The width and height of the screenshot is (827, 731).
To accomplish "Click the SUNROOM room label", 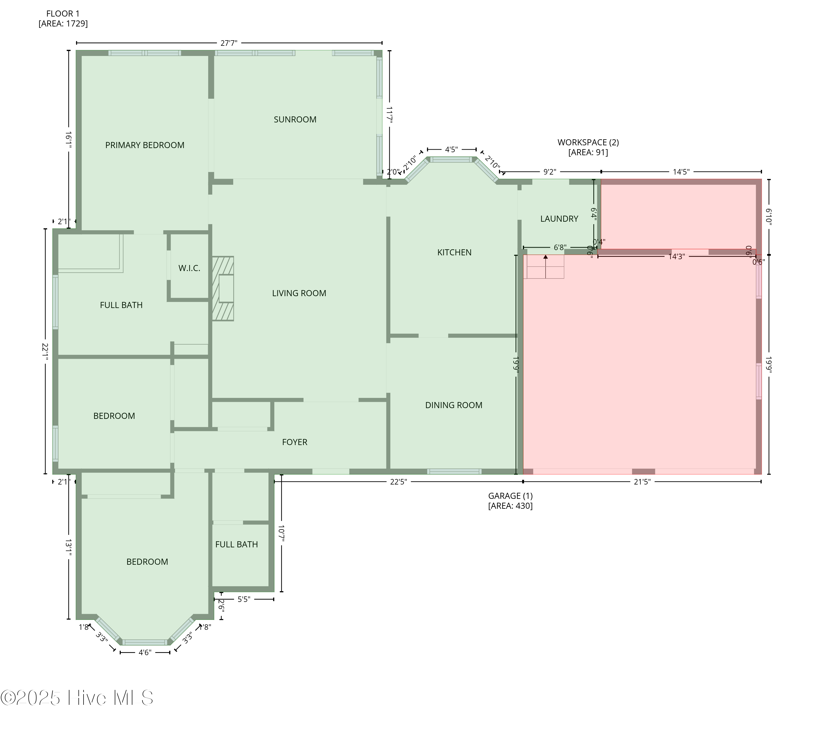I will (x=295, y=119).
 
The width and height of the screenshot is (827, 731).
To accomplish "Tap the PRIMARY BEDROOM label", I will (x=144, y=145).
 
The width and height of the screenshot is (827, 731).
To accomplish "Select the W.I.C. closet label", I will (x=189, y=268).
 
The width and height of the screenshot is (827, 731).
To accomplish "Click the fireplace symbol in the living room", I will (x=223, y=289).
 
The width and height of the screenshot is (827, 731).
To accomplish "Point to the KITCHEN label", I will (x=454, y=252).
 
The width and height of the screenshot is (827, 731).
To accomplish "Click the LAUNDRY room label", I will (x=559, y=219).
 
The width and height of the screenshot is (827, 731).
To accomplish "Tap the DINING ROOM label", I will (x=453, y=405).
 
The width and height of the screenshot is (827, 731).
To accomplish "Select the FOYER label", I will (x=294, y=442).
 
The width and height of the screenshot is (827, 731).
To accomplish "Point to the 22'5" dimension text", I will (x=399, y=482).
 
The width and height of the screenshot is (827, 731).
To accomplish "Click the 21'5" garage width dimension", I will (x=642, y=482).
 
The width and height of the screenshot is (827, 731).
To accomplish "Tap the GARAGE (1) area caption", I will (x=510, y=501).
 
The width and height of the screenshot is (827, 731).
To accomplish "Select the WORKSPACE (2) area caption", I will (x=588, y=147).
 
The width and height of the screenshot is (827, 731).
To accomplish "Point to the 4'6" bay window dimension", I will (x=145, y=652).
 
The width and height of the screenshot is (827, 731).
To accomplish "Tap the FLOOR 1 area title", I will (x=63, y=18).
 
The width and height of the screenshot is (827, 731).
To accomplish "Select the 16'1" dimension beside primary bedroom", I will (x=69, y=139).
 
